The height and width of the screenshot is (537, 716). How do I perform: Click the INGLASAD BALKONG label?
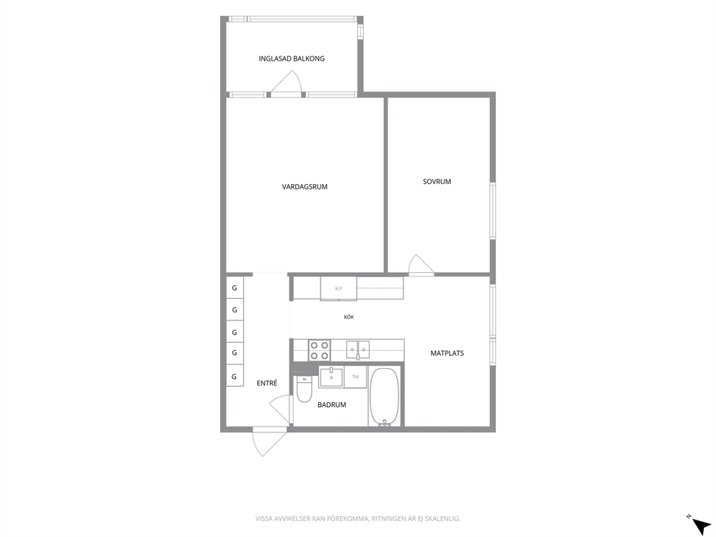point(292,58)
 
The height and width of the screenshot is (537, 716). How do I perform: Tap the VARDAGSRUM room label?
point(305,186)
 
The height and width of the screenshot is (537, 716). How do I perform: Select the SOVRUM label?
point(437,181)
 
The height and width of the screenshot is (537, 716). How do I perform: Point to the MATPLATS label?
point(447,353)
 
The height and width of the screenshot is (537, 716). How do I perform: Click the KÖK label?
point(349,317)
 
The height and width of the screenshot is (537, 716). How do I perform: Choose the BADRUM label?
point(331,405)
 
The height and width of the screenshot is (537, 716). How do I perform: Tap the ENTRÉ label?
point(266,383)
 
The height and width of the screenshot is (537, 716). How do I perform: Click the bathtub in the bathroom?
point(385,396)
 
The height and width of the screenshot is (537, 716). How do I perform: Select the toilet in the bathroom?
point(304,389)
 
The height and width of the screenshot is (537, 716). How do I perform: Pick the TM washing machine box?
point(355,377)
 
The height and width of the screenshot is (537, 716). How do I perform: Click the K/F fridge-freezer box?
point(339,289)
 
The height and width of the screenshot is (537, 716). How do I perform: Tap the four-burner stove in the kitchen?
point(319,350)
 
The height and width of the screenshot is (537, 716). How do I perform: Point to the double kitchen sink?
point(357,349)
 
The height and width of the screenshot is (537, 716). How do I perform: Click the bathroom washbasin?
point(331,377)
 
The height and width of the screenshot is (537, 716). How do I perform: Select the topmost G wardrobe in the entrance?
point(235,288)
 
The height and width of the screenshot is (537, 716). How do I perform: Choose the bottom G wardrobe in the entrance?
point(235,377)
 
